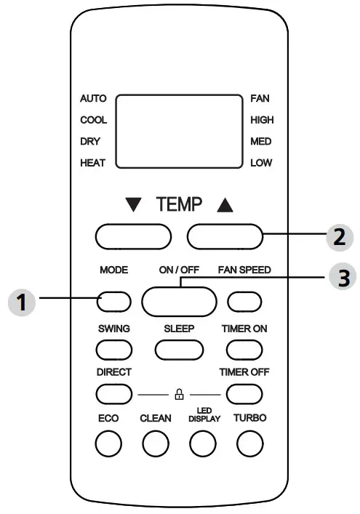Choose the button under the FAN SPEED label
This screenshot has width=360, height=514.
[x=244, y=301]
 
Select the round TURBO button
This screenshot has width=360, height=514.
[x=249, y=443]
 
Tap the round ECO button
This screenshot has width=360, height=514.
[x=108, y=443]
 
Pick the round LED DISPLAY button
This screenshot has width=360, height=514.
[x=203, y=443]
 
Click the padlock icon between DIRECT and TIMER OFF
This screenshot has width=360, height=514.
[x=179, y=395]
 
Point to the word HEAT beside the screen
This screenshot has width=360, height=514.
[x=93, y=164]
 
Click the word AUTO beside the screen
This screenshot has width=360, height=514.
[x=93, y=98]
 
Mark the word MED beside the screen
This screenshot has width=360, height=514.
[x=260, y=142]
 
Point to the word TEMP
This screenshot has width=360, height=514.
[x=179, y=206]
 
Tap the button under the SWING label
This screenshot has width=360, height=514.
[x=114, y=349]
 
